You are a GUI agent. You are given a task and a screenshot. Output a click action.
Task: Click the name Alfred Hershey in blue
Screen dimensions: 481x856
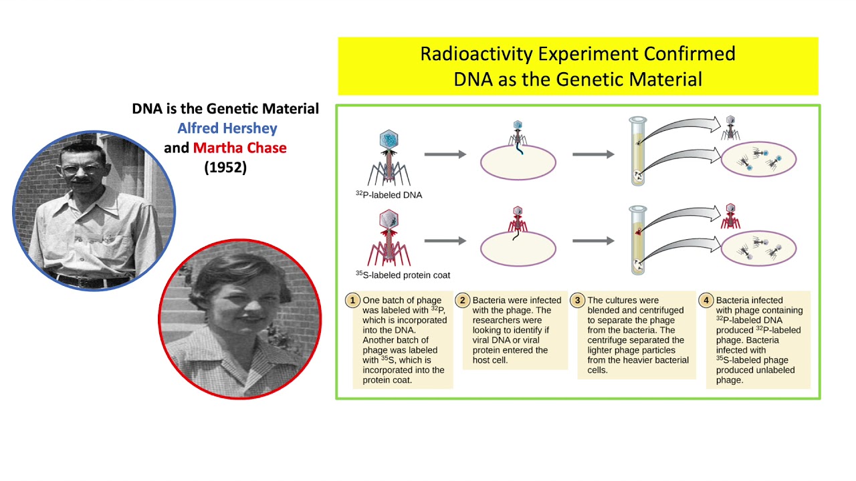click(x=227, y=128)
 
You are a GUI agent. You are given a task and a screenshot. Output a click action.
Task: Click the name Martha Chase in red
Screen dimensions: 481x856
click(x=239, y=148)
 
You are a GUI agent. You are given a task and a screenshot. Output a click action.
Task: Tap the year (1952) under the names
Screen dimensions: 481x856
click(x=225, y=168)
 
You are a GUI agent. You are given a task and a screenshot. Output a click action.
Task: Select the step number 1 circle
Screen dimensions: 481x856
click(x=352, y=301)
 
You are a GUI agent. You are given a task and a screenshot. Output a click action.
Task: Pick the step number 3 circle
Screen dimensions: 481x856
click(x=577, y=301)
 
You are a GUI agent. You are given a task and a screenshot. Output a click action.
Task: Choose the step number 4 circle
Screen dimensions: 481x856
click(x=706, y=301)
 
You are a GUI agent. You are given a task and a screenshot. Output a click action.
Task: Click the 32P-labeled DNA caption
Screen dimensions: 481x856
click(x=389, y=195)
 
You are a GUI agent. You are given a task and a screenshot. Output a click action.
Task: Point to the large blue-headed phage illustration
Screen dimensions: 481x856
click(x=389, y=157)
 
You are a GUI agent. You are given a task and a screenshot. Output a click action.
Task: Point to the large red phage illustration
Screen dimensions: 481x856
click(x=389, y=236)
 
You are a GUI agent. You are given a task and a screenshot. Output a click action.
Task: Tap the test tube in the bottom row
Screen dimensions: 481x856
click(x=637, y=240)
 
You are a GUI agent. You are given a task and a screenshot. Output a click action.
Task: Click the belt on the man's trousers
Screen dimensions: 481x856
click(x=87, y=279)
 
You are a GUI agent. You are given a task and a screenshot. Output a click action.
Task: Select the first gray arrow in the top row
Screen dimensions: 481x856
click(x=445, y=154)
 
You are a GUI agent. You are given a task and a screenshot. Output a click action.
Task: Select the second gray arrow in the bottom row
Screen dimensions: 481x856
click(x=593, y=240)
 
